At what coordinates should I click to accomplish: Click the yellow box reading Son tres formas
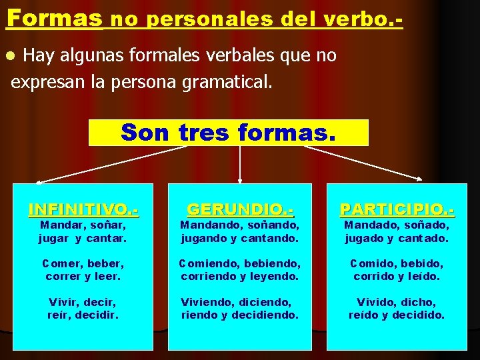[228, 132]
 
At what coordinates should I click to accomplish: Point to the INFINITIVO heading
[83, 209]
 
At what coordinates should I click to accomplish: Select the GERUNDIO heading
[240, 209]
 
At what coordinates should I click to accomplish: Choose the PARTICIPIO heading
[397, 209]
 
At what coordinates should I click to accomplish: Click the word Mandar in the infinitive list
[59, 225]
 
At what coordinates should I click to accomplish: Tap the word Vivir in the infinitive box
[63, 302]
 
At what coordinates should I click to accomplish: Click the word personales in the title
[203, 19]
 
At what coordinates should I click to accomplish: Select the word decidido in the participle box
[419, 315]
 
